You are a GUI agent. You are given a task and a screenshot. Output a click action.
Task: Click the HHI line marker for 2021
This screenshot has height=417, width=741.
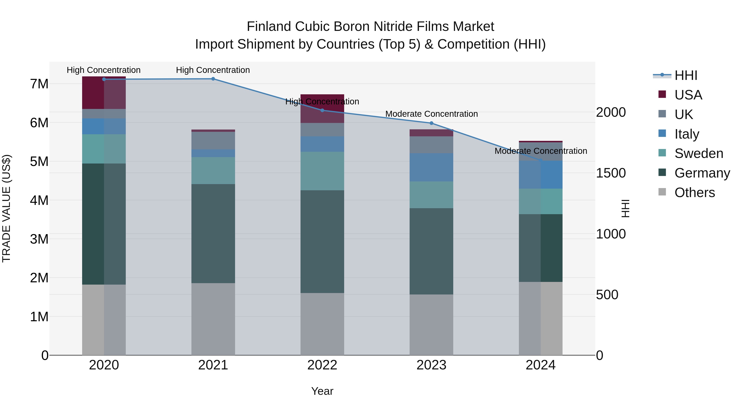pos(213,79)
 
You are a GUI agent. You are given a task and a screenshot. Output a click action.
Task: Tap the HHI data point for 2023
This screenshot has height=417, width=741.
pos(431,123)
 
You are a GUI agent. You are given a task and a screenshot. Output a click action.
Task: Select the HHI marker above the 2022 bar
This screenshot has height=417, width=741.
pos(322,110)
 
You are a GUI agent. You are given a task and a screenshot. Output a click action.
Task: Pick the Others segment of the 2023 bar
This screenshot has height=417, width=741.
pos(431,325)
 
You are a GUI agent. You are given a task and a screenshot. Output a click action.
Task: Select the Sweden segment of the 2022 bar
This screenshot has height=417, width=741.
pos(322,171)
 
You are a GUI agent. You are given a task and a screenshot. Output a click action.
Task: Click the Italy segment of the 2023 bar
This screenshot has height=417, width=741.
pos(431,167)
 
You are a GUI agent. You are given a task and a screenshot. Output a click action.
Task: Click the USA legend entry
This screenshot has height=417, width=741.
pos(688,95)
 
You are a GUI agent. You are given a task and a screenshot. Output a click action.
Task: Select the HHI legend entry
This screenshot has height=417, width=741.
pos(686,75)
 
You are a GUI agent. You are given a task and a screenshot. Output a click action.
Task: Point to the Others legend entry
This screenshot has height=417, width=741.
pos(694,193)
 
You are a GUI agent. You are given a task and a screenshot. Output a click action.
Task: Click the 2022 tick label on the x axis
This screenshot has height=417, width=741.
pos(322,365)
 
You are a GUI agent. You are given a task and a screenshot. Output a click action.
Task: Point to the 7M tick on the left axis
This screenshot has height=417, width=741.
pos(39,84)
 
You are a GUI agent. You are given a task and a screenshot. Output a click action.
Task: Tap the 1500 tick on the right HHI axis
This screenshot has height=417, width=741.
pos(611,173)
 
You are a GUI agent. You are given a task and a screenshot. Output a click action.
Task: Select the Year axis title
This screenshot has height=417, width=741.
pos(322,391)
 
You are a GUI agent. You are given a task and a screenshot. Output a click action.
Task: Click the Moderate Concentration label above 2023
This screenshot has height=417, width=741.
pos(431,114)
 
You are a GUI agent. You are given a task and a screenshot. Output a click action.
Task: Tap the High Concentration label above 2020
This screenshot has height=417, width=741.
pos(104,70)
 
